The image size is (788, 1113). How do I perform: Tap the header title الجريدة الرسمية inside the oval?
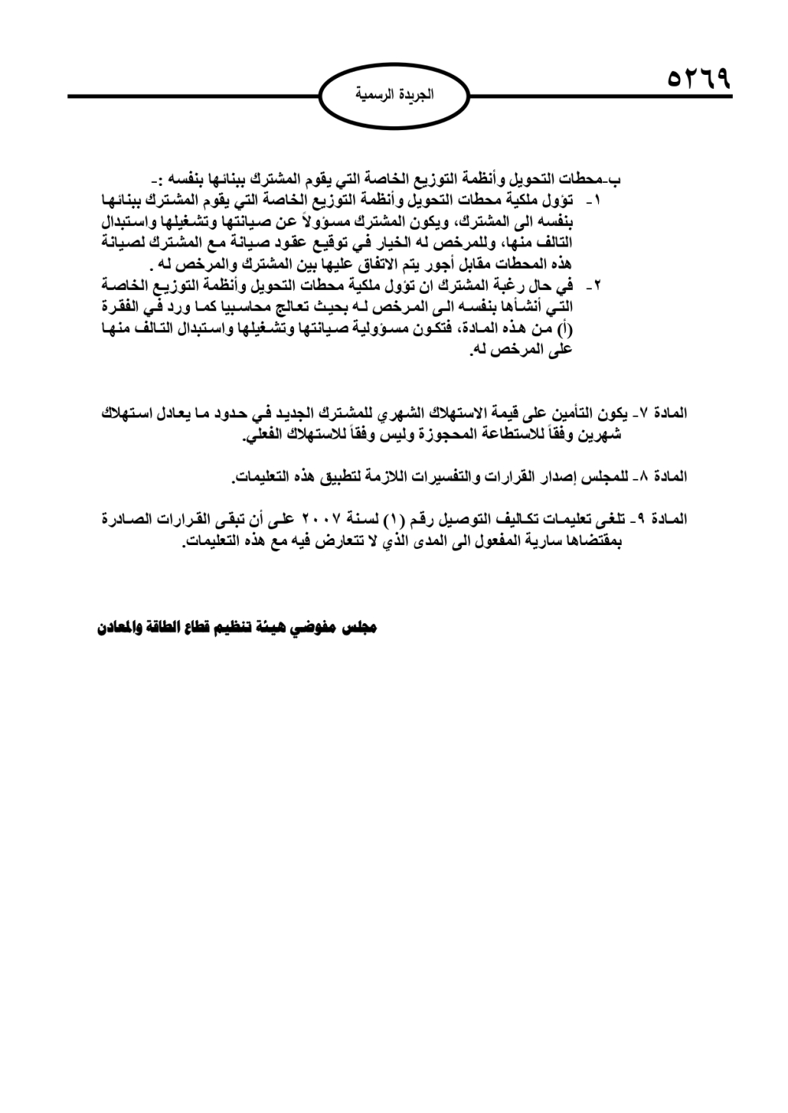[394, 95]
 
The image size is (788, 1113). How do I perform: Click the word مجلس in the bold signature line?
[360, 628]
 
